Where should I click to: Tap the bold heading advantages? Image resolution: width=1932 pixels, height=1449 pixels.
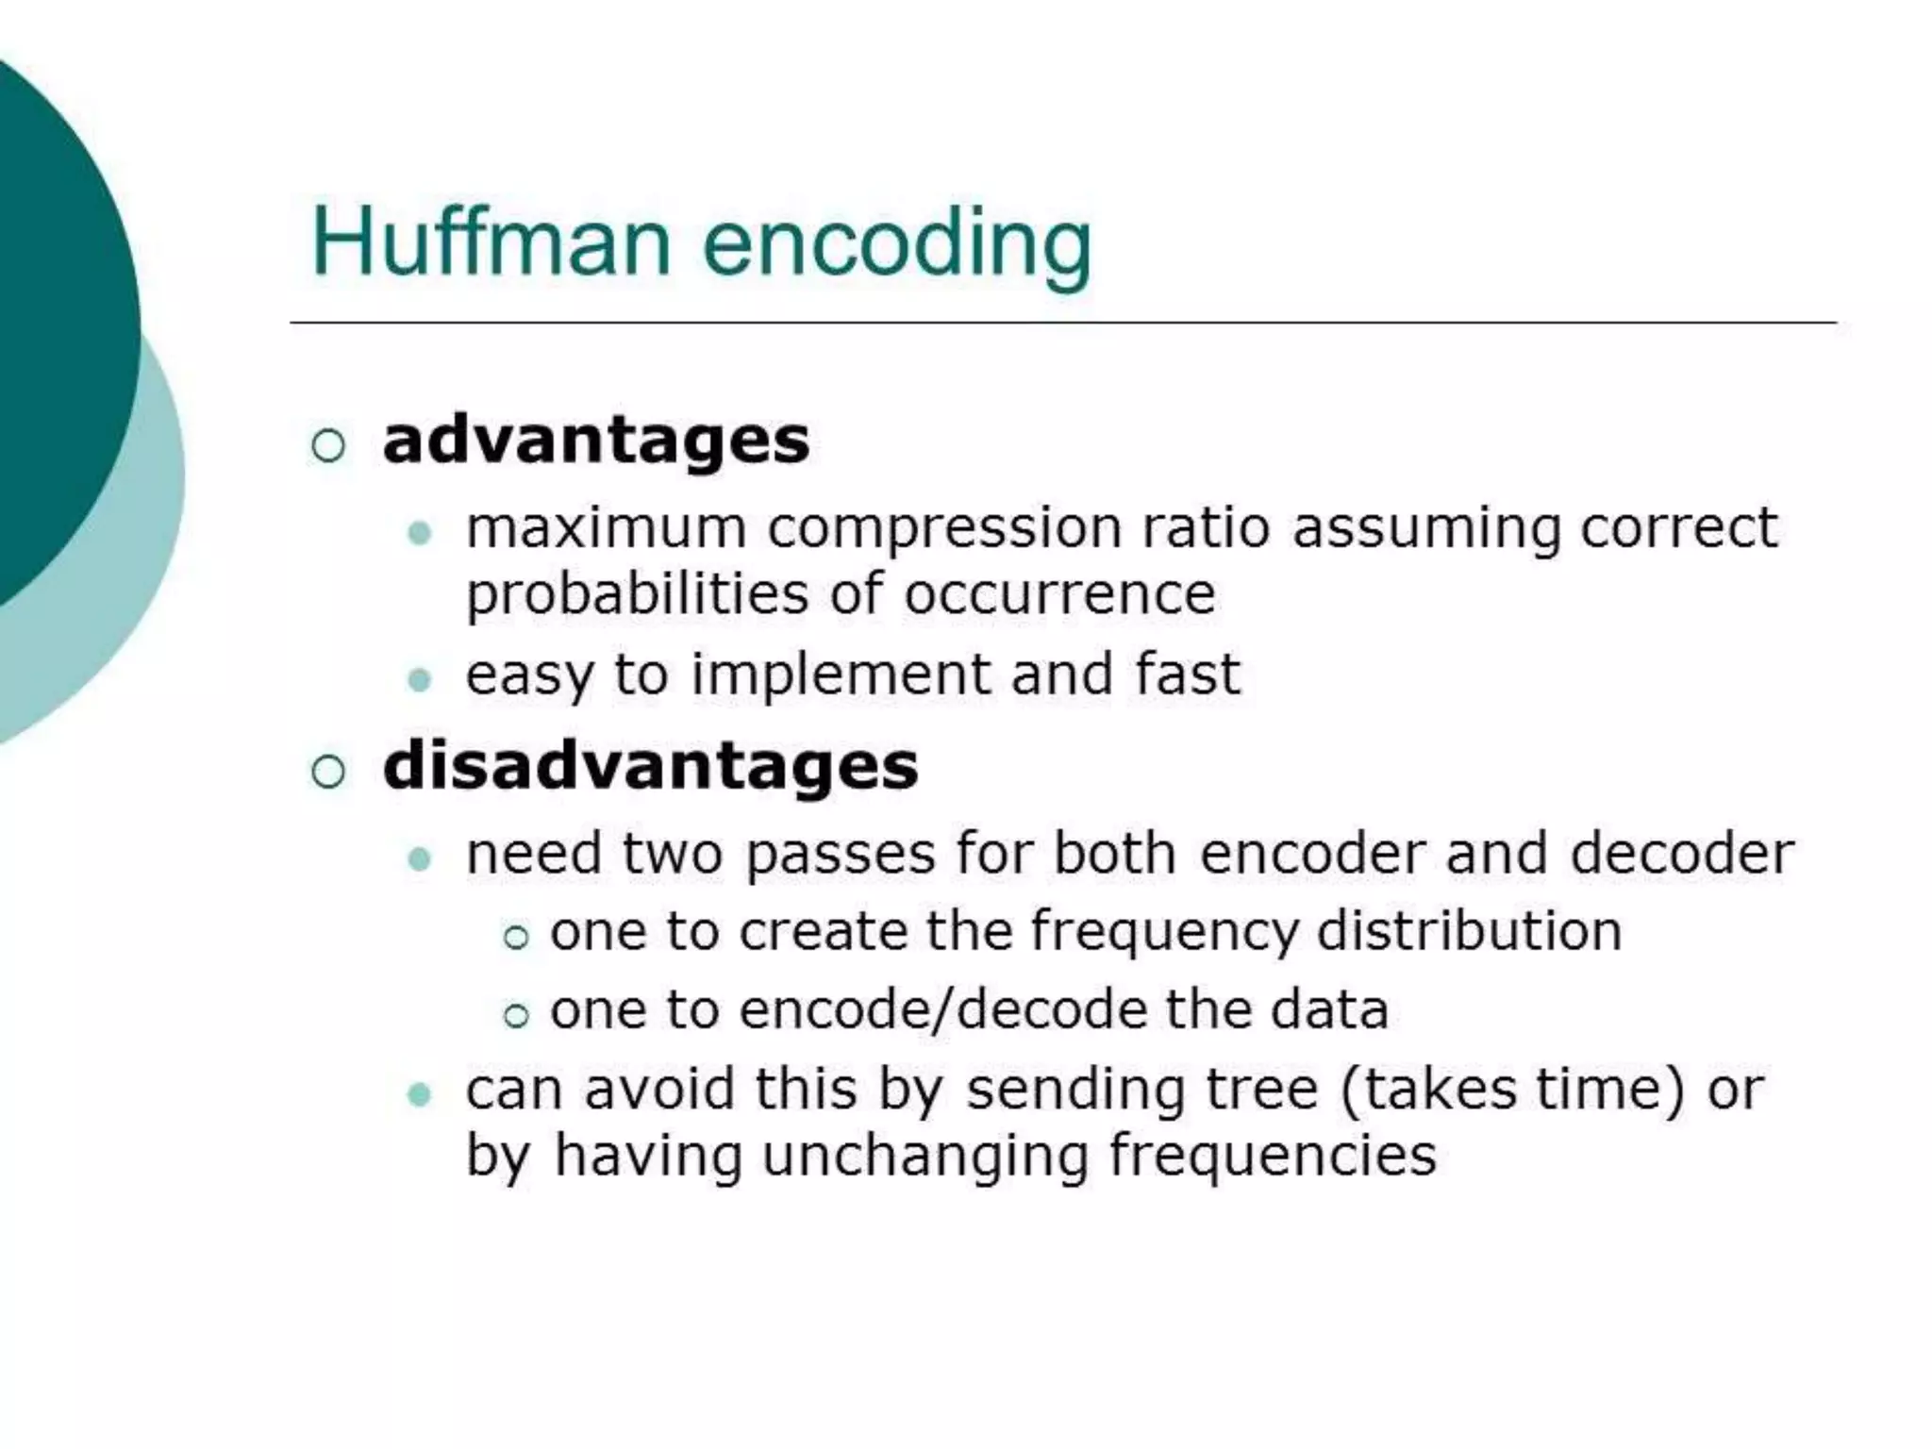(x=595, y=441)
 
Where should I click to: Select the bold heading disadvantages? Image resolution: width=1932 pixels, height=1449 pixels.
(x=650, y=765)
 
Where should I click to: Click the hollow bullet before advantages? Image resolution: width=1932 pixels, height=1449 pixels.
(x=327, y=444)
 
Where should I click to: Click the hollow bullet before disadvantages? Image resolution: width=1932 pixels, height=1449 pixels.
(x=327, y=771)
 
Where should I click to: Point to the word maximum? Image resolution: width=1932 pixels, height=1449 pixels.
(x=606, y=527)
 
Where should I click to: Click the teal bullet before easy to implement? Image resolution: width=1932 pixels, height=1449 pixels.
(x=419, y=679)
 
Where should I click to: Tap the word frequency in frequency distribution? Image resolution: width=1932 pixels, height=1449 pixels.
(x=1164, y=932)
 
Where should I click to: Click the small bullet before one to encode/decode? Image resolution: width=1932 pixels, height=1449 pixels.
(x=515, y=1015)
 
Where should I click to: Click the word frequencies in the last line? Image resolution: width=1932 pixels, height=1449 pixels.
(x=1272, y=1157)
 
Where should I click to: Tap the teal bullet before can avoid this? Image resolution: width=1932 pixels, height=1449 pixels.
(x=419, y=1094)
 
